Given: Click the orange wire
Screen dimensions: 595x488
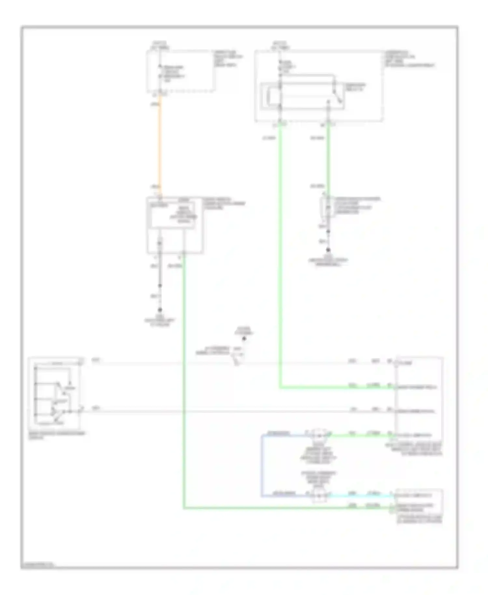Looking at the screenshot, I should pos(160,143).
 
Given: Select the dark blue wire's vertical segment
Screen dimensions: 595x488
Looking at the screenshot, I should pos(261,465).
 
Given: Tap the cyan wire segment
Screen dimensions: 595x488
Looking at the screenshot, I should pos(361,496).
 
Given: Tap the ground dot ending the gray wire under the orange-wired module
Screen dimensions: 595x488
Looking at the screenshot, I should pos(160,310).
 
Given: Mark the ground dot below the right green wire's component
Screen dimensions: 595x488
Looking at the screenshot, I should pos(328,250).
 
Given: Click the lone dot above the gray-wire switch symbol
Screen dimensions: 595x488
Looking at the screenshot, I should pos(244,339).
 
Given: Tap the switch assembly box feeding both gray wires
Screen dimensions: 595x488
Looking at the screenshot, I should pos(55,393).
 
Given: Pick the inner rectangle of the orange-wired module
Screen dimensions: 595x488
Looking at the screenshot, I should pos(172,214).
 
